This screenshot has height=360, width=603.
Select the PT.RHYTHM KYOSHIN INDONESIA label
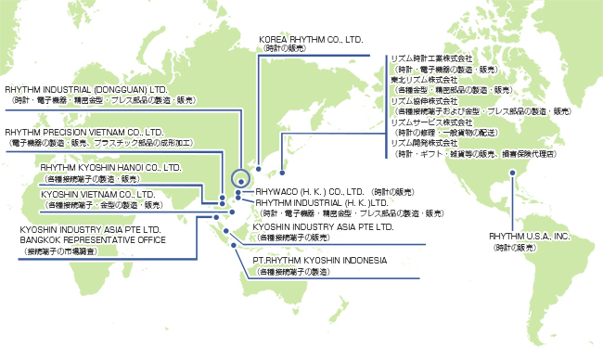(x=320, y=262)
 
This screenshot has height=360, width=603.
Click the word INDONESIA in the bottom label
(x=362, y=262)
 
